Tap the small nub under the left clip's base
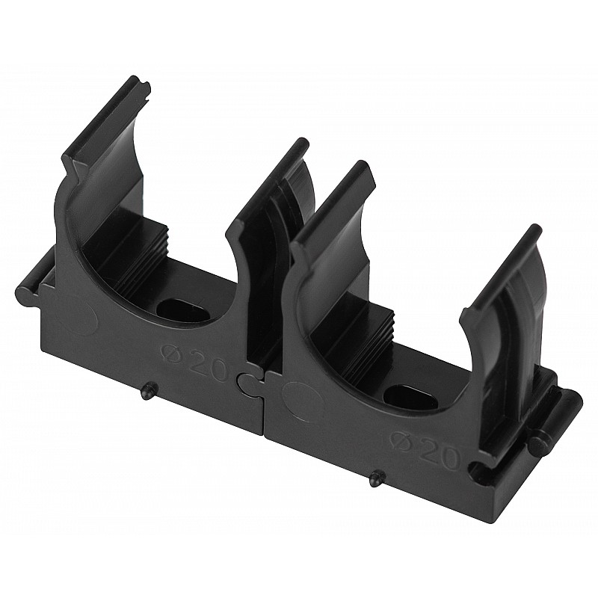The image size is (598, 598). [147, 391]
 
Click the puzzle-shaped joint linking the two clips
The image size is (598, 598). [250, 385]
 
